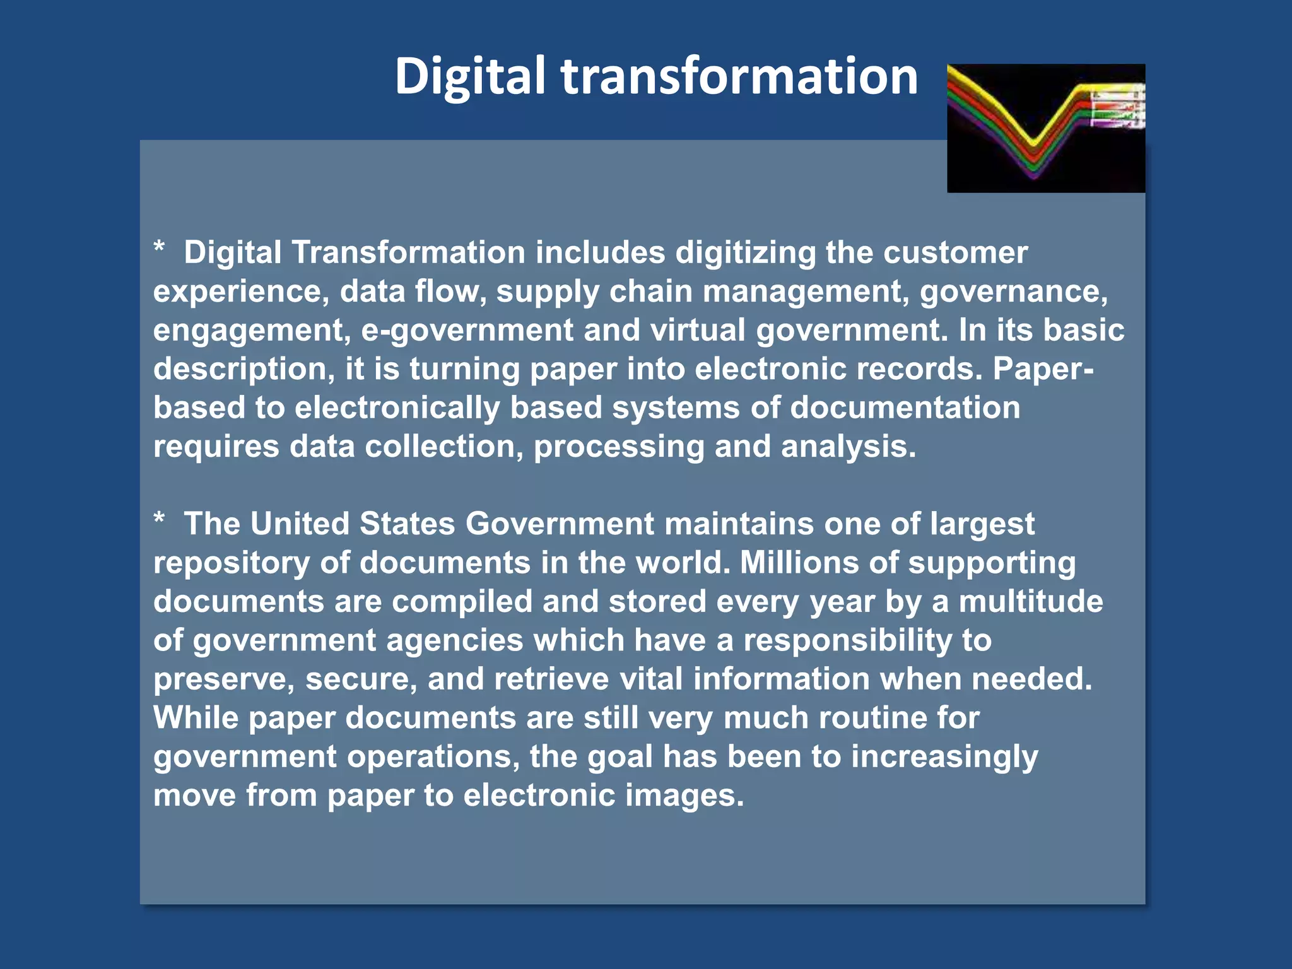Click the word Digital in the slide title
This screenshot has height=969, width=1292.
[x=469, y=77]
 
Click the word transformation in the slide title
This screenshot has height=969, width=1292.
[x=739, y=77]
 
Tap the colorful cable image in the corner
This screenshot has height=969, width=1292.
[x=1045, y=128]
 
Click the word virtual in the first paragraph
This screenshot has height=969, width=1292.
[x=698, y=331]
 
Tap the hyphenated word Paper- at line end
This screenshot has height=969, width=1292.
[x=1043, y=369]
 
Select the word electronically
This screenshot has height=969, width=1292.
[x=397, y=408]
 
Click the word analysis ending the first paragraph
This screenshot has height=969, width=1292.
[x=848, y=447]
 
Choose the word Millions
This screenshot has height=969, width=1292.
[x=799, y=563]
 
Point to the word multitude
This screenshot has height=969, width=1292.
[x=1031, y=601]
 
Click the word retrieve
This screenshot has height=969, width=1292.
[x=551, y=679]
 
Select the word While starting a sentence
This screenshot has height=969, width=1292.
[x=196, y=718]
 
